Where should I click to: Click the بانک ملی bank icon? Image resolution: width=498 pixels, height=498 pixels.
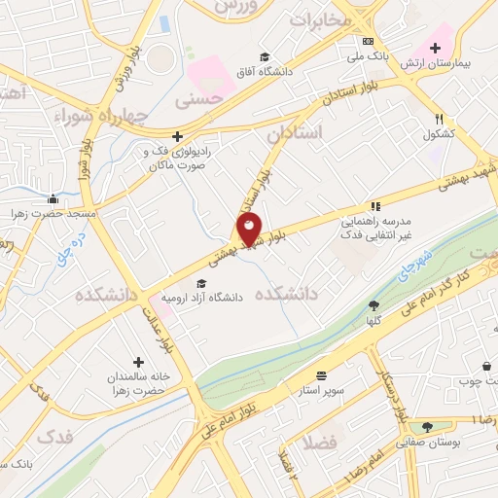pyautogui.click(x=368, y=41)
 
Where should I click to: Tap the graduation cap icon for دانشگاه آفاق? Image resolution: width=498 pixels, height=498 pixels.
pyautogui.click(x=265, y=56)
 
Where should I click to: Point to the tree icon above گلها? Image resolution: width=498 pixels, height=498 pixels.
pyautogui.click(x=373, y=304)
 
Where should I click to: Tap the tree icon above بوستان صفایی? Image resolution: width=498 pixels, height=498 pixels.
pyautogui.click(x=427, y=426)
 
